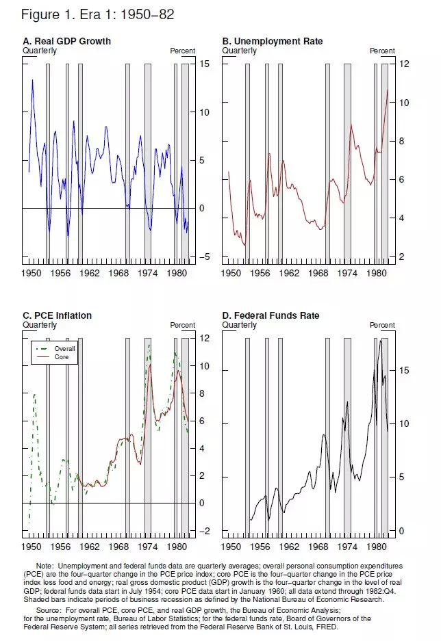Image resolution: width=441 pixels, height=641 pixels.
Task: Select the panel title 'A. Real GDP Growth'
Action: pyautogui.click(x=66, y=42)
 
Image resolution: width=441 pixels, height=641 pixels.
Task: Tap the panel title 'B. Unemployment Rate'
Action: pyautogui.click(x=273, y=42)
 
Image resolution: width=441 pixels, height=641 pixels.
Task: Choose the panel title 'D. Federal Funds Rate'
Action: pyautogui.click(x=270, y=315)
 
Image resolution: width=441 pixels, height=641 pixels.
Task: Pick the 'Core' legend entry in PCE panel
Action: pyautogui.click(x=61, y=357)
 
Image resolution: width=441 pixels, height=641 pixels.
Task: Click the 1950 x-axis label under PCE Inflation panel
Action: pyautogui.click(x=32, y=547)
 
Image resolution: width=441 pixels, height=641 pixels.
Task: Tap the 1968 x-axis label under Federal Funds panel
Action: pyautogui.click(x=320, y=547)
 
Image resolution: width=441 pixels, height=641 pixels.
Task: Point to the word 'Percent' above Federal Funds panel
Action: pyautogui.click(x=382, y=325)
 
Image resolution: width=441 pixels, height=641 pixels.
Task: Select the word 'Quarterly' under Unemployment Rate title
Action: pyautogui.click(x=240, y=51)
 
